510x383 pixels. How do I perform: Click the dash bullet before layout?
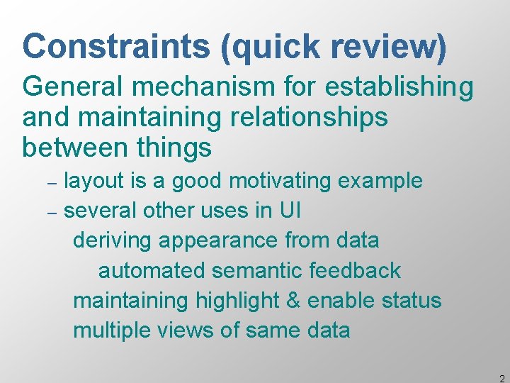tap(51, 182)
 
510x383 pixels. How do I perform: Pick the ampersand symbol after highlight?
tap(293, 300)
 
